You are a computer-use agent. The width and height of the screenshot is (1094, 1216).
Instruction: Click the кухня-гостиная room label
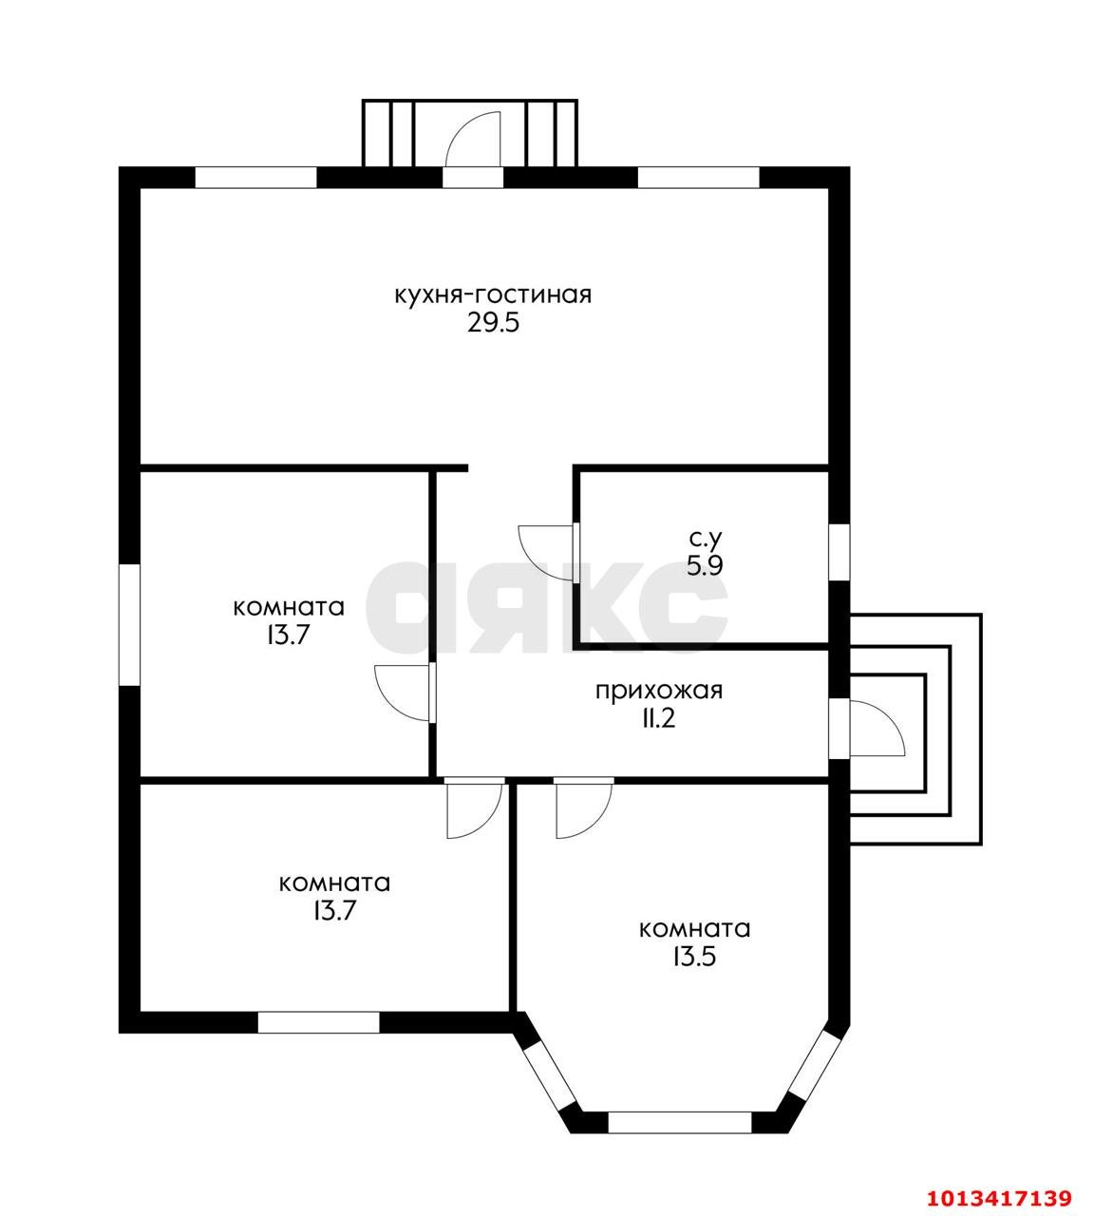coord(494,295)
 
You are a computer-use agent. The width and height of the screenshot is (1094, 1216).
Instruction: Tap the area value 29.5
coord(494,323)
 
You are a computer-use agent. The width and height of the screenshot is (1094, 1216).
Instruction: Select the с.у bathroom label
coord(705,539)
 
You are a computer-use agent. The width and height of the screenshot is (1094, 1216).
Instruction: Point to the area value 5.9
coord(705,565)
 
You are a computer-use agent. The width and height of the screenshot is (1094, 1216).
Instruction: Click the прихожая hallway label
coord(659,691)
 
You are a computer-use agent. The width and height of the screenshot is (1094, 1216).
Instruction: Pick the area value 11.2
coord(659,719)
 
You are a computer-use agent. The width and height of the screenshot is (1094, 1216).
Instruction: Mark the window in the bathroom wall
coord(839,552)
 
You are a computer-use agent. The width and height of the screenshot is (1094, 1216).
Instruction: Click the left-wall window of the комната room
coord(129,625)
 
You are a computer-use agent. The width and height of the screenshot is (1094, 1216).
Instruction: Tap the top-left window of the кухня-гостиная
coord(255,177)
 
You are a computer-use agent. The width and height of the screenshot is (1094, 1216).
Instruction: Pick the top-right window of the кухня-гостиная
coord(698,177)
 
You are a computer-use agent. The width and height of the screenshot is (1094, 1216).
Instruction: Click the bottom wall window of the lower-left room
coord(319,1022)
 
